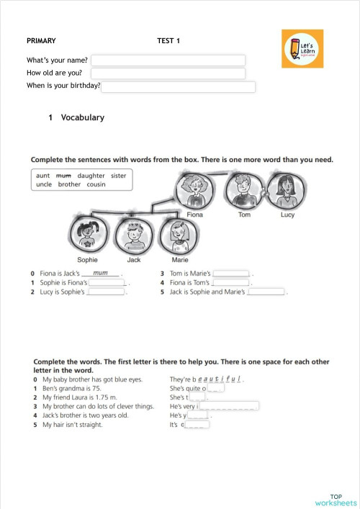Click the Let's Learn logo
tap(302, 48)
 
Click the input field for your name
tap(168, 60)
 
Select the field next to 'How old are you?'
tap(168, 73)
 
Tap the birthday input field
tap(179, 87)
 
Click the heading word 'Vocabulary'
tap(82, 117)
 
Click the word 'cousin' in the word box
tap(96, 184)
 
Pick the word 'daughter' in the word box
tap(91, 175)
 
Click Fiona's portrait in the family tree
tap(194, 191)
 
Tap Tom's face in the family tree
tap(244, 191)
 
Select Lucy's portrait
tap(287, 191)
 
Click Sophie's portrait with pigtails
tap(88, 235)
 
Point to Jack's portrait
tap(133, 235)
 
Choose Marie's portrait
tap(179, 235)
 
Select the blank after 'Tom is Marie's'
tap(232, 274)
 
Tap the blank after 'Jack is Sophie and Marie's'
tap(266, 292)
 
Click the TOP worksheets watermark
tap(336, 500)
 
